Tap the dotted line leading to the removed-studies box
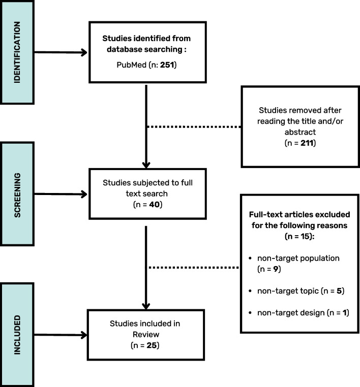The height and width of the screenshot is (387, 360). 193,126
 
